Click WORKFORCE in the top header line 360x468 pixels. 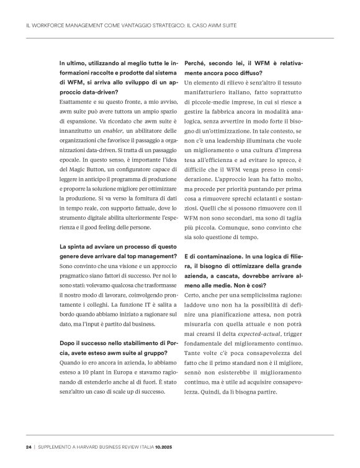50,26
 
